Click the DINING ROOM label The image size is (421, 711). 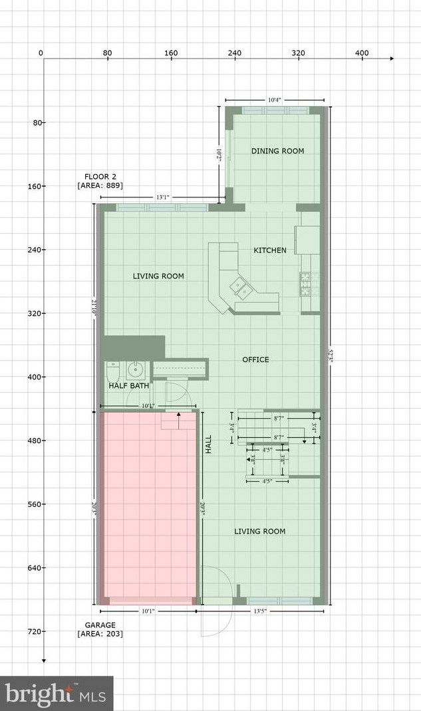point(277,151)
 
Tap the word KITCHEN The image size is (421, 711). point(270,251)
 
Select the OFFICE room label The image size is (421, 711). point(255,359)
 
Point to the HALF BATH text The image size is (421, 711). point(129,385)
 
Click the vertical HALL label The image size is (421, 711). point(208,445)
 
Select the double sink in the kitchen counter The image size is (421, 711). point(240,287)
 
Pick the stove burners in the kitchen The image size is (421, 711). point(307,284)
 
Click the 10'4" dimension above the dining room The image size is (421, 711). point(275,100)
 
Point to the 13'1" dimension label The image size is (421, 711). point(162,197)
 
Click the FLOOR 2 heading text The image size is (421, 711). point(100,176)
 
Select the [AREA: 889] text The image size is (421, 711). point(100,185)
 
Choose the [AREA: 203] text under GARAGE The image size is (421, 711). point(100,634)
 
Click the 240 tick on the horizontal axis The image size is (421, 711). point(234,52)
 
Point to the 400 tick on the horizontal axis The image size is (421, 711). point(361,52)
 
